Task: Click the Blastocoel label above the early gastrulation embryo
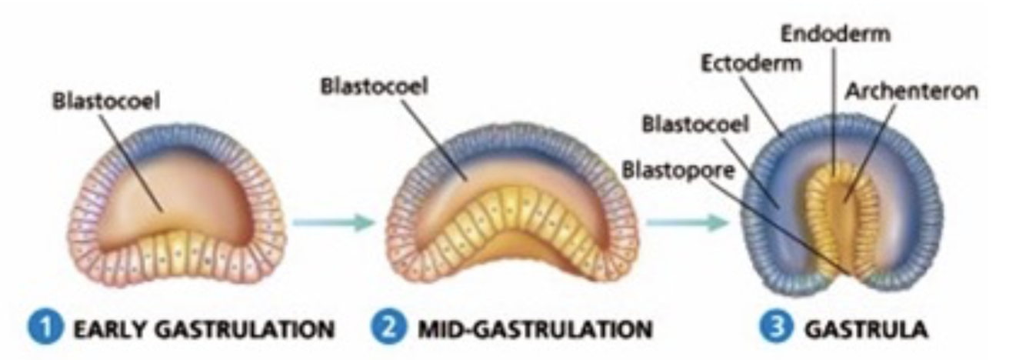[106, 102]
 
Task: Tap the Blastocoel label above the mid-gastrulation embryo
[374, 85]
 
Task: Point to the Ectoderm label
[751, 63]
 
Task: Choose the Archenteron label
[911, 91]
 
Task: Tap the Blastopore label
[677, 169]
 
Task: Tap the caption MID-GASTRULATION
[535, 330]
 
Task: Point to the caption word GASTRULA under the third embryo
[865, 330]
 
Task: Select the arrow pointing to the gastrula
[686, 223]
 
